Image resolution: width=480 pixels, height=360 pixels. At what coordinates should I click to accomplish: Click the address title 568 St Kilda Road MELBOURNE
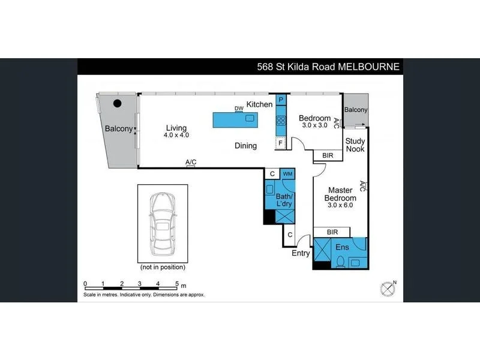tap(328, 67)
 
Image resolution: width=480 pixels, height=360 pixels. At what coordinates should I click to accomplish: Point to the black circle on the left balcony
tap(118, 103)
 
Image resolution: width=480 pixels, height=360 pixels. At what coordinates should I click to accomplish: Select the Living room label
tap(176, 128)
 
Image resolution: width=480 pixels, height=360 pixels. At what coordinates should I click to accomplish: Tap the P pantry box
tap(280, 100)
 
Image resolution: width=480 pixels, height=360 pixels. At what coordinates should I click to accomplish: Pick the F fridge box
tap(280, 143)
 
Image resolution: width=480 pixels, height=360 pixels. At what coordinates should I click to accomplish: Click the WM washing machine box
tap(287, 174)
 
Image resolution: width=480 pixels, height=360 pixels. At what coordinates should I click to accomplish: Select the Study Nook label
tap(355, 145)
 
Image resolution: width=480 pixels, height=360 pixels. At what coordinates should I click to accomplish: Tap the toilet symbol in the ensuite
tap(340, 260)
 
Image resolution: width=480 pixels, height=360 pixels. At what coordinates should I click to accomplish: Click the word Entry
tap(301, 253)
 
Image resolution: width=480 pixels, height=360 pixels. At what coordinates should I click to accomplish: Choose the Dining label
tap(245, 145)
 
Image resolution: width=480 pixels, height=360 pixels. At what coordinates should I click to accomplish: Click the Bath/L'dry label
tap(284, 200)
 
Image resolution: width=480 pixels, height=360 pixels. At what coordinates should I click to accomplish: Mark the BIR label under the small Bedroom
tap(328, 155)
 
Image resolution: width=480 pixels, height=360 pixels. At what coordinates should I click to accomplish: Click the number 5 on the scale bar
tap(176, 283)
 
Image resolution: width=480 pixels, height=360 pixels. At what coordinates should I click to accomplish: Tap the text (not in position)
tap(162, 267)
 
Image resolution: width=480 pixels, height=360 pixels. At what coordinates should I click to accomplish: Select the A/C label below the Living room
tap(191, 162)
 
